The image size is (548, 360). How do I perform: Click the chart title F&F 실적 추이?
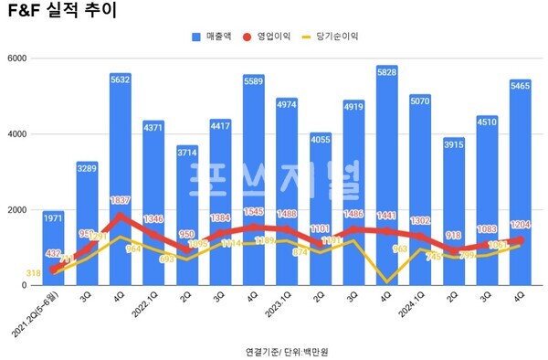pyautogui.click(x=60, y=13)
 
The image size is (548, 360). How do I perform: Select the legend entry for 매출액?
pyautogui.click(x=218, y=37)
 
